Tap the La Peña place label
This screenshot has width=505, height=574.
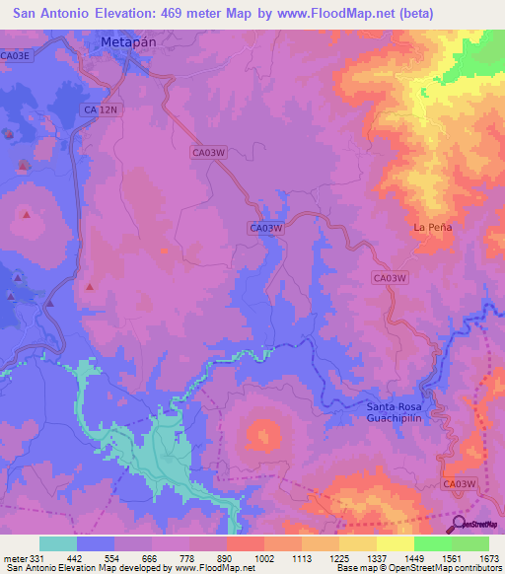(431, 228)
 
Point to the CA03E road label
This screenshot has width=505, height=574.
(17, 56)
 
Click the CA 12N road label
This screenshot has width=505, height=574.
(102, 110)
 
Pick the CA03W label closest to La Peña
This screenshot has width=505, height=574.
(390, 278)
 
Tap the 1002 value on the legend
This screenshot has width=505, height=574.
(263, 559)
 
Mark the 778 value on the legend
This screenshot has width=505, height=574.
(188, 559)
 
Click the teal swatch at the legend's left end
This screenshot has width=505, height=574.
(58, 543)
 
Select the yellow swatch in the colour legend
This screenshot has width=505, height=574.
(395, 543)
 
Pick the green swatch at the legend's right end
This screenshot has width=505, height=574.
(469, 543)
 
